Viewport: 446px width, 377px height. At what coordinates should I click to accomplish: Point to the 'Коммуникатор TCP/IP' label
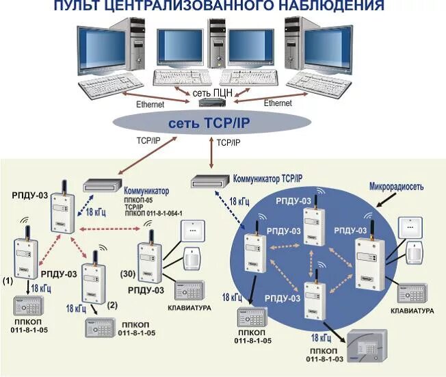coord(267,177)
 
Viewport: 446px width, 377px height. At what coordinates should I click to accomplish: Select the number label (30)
coord(128,274)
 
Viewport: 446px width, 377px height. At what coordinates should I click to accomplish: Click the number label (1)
coord(8,281)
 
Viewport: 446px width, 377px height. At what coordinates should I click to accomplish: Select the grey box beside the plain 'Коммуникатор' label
coord(103,185)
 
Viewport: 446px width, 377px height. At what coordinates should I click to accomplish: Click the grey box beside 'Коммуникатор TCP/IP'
coord(209,182)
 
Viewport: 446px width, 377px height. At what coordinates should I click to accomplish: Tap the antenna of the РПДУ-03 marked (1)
coord(26,231)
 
